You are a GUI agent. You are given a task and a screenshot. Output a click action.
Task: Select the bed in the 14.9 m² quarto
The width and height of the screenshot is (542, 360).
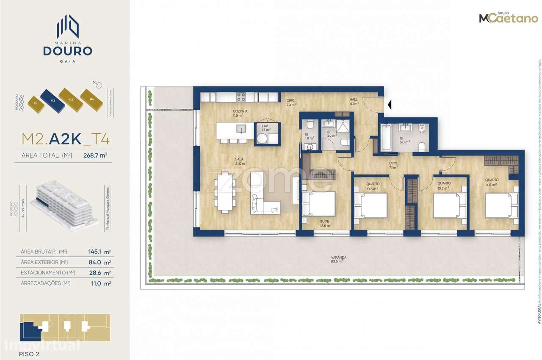(x=501, y=205)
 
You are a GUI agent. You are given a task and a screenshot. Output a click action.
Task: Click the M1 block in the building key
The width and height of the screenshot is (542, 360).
(x=36, y=102)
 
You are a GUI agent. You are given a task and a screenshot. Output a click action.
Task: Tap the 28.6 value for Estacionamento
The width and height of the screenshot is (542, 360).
(x=94, y=273)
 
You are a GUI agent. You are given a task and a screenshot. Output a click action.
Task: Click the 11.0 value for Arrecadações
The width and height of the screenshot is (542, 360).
(x=94, y=284)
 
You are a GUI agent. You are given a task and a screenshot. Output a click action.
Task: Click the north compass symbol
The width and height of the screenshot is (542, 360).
(x=99, y=84)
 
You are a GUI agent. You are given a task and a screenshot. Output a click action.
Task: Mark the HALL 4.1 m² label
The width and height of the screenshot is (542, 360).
(x=354, y=100)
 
